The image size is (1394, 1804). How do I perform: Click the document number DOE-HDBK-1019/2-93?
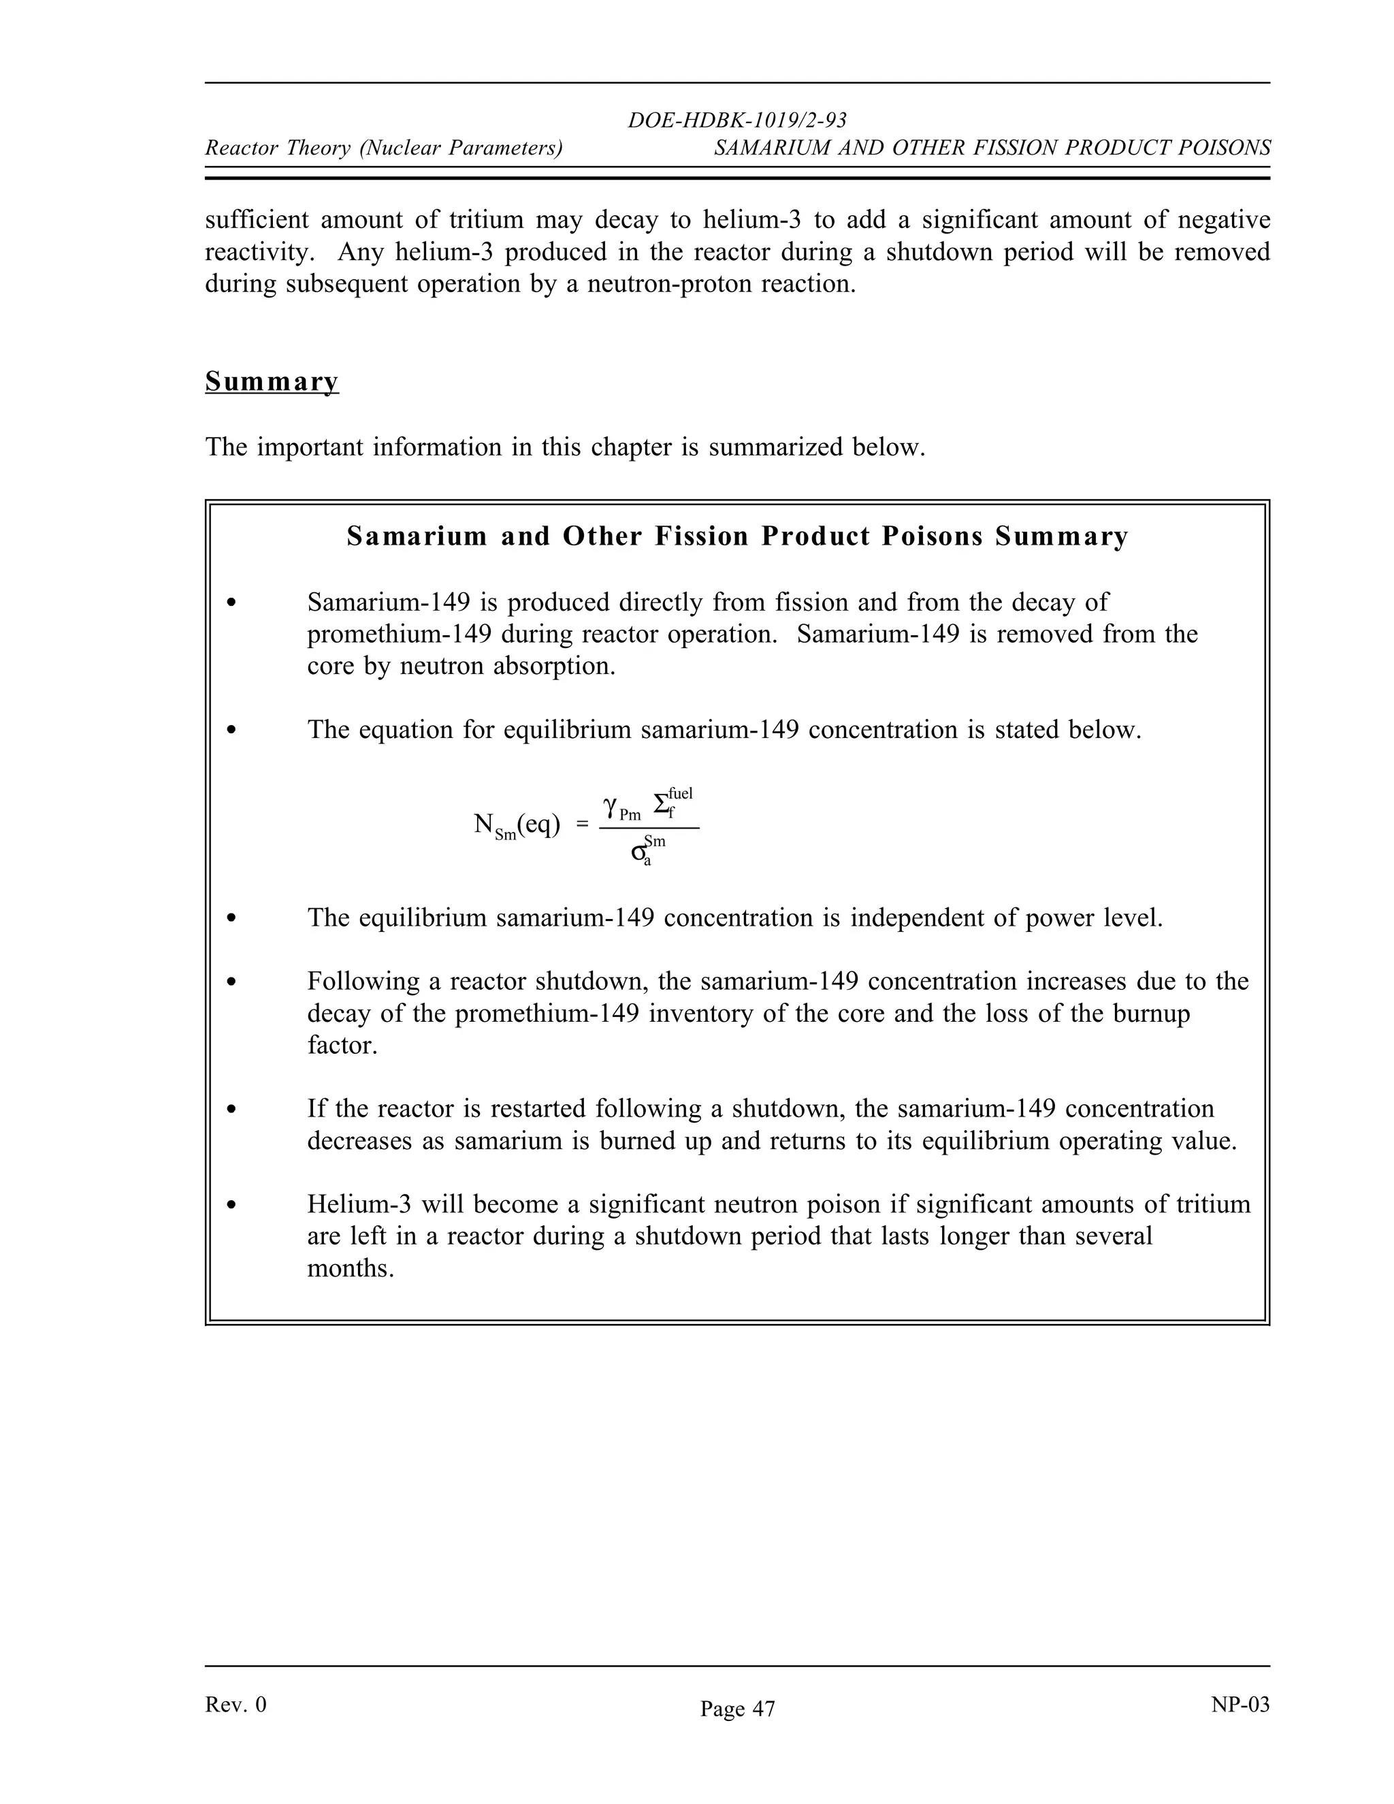(x=736, y=120)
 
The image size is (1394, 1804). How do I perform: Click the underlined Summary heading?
(x=272, y=382)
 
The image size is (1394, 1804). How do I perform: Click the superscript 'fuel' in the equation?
(x=681, y=794)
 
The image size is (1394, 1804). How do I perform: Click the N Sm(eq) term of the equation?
(x=516, y=825)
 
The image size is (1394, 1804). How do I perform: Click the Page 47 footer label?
(x=736, y=1709)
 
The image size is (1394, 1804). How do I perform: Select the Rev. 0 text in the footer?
(x=236, y=1705)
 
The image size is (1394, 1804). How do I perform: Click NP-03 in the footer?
(x=1239, y=1705)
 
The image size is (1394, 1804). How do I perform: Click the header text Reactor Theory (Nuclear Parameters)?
(x=383, y=148)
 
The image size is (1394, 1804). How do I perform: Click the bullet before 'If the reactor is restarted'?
(x=232, y=1110)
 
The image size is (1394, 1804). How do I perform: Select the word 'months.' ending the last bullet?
(x=350, y=1268)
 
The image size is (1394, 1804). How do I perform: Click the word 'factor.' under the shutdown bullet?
(x=342, y=1046)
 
